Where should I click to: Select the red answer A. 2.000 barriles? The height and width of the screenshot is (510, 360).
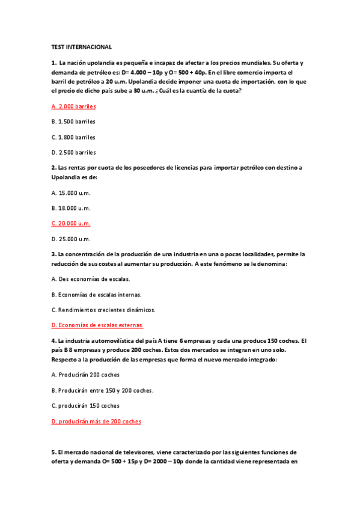pyautogui.click(x=73, y=106)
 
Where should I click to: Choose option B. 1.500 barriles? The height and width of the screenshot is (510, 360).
pyautogui.click(x=73, y=121)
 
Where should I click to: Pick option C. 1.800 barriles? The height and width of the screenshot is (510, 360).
pyautogui.click(x=73, y=137)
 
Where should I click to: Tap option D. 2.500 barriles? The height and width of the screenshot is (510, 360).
pyautogui.click(x=73, y=152)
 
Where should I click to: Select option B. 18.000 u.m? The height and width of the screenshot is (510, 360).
pyautogui.click(x=70, y=208)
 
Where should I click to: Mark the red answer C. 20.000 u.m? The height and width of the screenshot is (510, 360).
pyautogui.click(x=70, y=223)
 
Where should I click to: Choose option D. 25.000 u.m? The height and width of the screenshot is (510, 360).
pyautogui.click(x=70, y=239)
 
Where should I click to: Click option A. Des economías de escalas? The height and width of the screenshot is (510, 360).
pyautogui.click(x=90, y=279)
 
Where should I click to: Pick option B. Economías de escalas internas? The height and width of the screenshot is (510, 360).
pyautogui.click(x=96, y=295)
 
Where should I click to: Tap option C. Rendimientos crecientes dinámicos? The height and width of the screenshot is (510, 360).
pyautogui.click(x=103, y=310)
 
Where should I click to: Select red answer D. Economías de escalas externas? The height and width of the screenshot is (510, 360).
pyautogui.click(x=97, y=325)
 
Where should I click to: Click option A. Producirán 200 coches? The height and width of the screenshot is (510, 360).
pyautogui.click(x=85, y=374)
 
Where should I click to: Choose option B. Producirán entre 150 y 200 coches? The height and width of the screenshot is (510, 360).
pyautogui.click(x=102, y=390)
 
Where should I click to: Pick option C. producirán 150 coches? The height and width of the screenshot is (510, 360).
pyautogui.click(x=85, y=405)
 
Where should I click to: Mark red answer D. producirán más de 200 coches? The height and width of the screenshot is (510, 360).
pyautogui.click(x=96, y=421)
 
